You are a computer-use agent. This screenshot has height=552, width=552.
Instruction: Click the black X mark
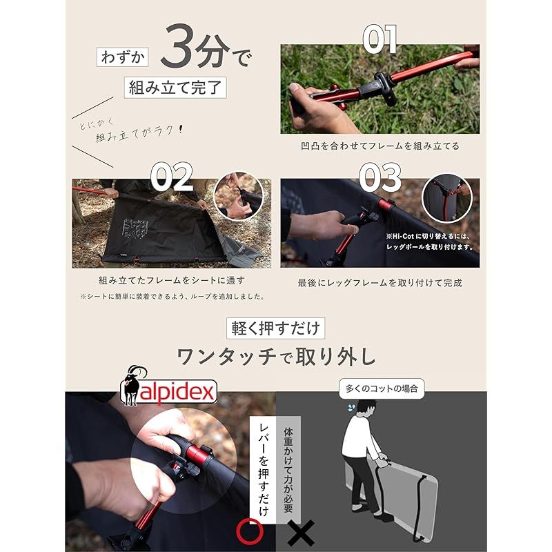[x=301, y=532]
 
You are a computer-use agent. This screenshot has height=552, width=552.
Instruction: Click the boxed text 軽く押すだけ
[x=275, y=327]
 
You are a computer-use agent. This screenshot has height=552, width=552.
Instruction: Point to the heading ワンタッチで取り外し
[x=276, y=357]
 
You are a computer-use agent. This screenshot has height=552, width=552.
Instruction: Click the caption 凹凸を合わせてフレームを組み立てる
[x=379, y=146]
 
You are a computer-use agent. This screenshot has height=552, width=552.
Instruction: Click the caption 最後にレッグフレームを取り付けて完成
[x=379, y=282]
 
